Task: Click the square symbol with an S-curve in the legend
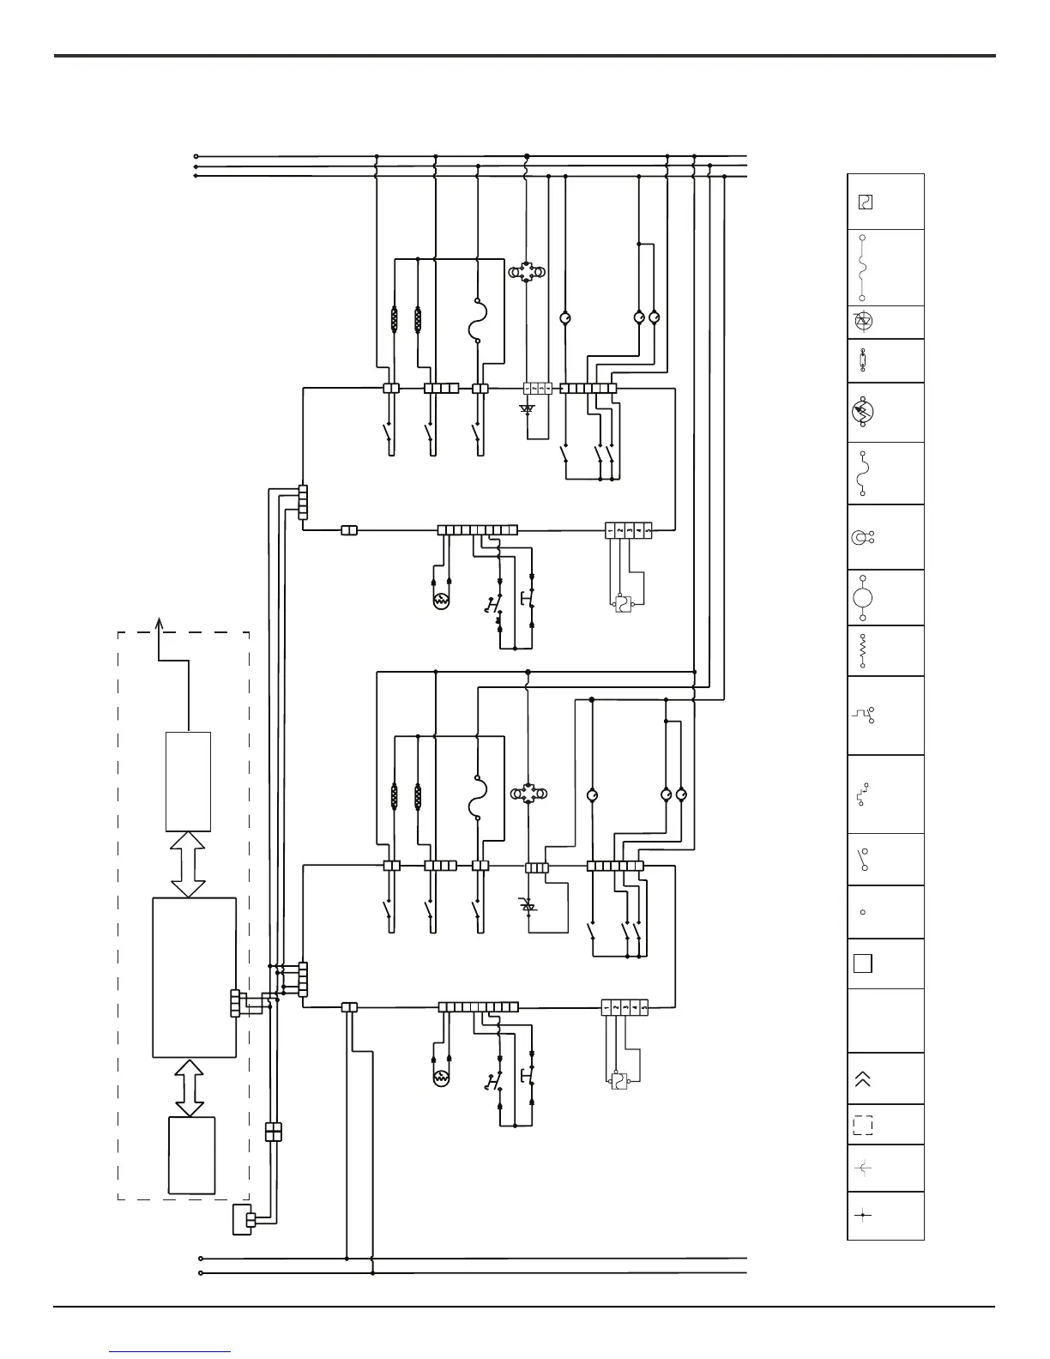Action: point(865,202)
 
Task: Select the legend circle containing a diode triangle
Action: point(863,322)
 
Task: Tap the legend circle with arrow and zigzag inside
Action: point(863,413)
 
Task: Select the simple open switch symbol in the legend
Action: point(862,859)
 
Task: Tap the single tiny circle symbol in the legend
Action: point(863,912)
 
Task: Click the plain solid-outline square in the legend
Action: point(863,963)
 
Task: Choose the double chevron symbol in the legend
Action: point(863,1078)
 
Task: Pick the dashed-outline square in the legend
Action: point(863,1125)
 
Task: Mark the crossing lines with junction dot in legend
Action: point(863,1216)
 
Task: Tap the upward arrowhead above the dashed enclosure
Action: point(158,623)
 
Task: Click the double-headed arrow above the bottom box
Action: point(190,1087)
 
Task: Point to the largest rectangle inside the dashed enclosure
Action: point(194,977)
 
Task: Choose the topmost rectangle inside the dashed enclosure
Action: point(188,782)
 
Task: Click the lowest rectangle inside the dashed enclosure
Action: point(191,1155)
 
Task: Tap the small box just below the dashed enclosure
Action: point(243,1220)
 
